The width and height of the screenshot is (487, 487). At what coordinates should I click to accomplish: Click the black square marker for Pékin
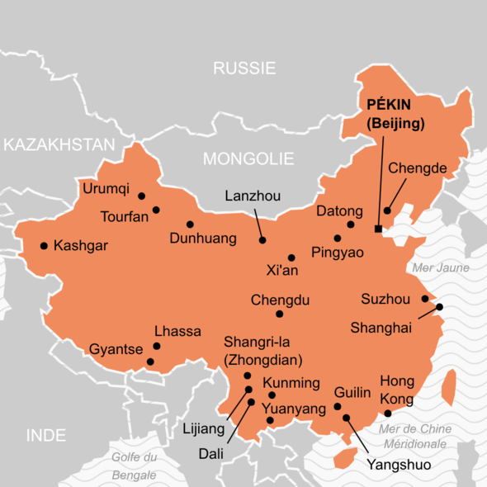click(378, 229)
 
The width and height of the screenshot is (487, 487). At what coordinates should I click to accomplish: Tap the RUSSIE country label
click(244, 69)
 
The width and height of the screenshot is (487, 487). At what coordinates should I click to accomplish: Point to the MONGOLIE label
click(248, 158)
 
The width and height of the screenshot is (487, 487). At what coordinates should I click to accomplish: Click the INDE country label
click(45, 435)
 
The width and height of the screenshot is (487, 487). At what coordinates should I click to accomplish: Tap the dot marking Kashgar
click(44, 245)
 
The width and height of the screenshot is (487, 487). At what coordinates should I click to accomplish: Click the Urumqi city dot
click(142, 196)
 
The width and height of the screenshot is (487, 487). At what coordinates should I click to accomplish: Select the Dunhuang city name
click(202, 239)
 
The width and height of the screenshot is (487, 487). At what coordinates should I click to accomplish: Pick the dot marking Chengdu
click(280, 314)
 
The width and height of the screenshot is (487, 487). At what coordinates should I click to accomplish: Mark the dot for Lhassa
click(156, 347)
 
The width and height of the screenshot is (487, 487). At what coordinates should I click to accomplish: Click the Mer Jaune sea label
click(440, 267)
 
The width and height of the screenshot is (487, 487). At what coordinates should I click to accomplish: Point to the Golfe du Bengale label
click(134, 466)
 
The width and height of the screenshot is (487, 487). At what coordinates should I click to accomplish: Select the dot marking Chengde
click(387, 210)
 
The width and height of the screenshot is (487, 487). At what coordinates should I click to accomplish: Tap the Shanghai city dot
click(439, 307)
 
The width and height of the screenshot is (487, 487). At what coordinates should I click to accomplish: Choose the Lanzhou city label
click(253, 196)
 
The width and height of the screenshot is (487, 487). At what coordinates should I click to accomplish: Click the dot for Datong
click(351, 225)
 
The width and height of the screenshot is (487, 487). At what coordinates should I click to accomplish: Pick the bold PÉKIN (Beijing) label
click(395, 116)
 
